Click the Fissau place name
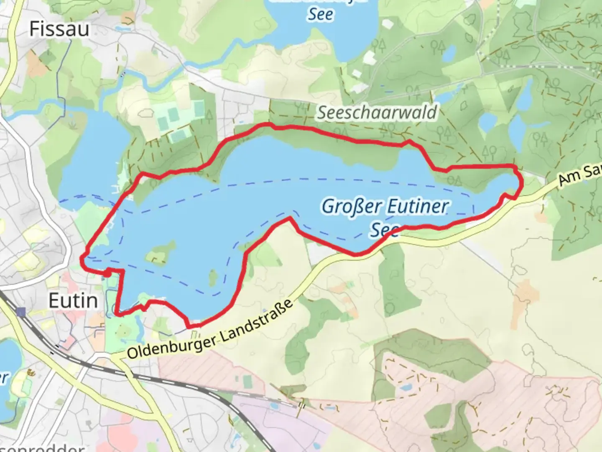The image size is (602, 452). point(59,29)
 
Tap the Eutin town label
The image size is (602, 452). point(73,301)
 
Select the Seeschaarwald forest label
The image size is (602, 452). point(377,112)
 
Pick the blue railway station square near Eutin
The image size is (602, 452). point(21,312)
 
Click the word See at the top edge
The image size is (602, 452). point(321,15)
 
